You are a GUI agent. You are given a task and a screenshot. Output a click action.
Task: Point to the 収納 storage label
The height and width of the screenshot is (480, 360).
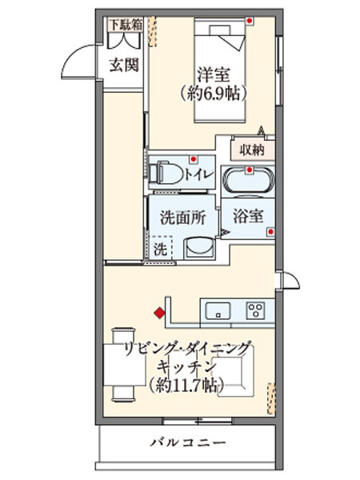pos(251,149)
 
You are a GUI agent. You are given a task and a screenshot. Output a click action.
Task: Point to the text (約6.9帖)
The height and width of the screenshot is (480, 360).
pos(214,94)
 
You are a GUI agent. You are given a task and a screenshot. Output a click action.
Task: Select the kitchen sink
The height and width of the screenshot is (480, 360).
pos(218,310)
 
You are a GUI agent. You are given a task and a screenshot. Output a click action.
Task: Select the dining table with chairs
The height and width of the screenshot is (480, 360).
pos(122,365)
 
